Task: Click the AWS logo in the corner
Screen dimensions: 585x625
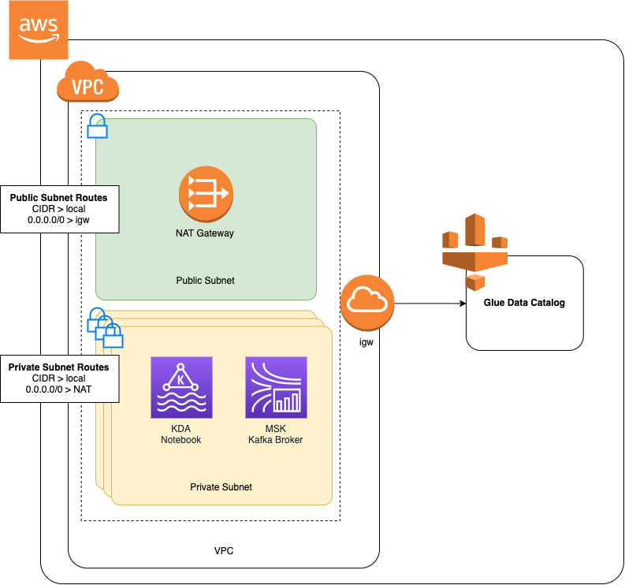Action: (39, 30)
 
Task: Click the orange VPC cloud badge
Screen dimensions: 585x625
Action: (87, 82)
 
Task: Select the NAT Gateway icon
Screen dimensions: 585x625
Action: (205, 194)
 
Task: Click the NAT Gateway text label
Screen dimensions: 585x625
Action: (205, 233)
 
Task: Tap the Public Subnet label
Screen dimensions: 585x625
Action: (205, 281)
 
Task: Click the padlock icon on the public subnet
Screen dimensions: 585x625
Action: (97, 126)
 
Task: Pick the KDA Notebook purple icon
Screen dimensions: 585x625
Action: (181, 387)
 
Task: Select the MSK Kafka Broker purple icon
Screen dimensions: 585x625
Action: (276, 387)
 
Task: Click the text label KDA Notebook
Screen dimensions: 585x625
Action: (181, 434)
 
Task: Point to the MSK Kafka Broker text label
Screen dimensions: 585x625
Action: (276, 434)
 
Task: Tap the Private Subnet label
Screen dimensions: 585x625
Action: (221, 487)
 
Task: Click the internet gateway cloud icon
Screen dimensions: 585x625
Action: (367, 304)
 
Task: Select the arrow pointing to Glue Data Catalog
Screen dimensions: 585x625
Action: (430, 304)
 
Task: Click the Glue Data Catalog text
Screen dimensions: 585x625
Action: (524, 303)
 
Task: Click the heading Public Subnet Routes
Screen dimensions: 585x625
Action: (58, 197)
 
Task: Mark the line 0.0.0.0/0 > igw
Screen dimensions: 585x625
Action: (58, 221)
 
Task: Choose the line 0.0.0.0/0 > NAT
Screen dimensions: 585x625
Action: (58, 389)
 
